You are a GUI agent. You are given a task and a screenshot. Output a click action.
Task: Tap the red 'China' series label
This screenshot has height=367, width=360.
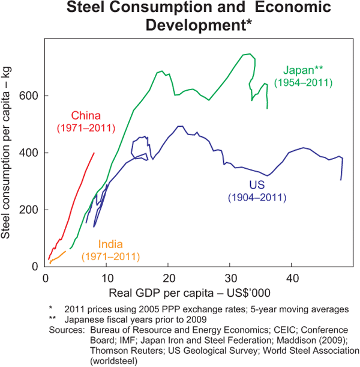tap(86, 115)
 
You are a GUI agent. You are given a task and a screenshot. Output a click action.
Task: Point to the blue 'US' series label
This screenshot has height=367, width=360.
tap(257, 184)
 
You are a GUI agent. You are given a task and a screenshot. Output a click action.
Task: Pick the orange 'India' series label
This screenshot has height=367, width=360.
tap(111, 244)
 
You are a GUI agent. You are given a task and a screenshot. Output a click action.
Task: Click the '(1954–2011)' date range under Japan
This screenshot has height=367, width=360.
tap(302, 82)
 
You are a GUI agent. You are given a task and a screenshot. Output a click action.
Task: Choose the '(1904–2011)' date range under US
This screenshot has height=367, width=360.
tap(257, 197)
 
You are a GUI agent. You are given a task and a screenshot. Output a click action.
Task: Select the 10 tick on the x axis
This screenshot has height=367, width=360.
tap(107, 278)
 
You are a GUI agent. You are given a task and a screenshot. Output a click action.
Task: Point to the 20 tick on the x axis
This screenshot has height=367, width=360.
tap(169, 278)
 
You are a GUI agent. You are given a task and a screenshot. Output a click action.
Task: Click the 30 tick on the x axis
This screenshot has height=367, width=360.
tap(231, 278)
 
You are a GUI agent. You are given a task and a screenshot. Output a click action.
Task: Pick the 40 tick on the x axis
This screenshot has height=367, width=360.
tap(292, 278)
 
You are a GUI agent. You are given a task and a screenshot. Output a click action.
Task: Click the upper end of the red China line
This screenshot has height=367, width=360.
tap(94, 153)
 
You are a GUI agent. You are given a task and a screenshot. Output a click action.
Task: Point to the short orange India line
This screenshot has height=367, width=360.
tap(58, 257)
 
